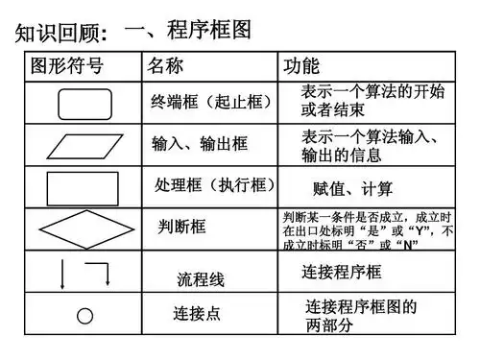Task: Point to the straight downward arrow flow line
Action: [63, 274]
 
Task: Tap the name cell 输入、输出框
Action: [200, 144]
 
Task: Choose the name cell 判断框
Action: [182, 228]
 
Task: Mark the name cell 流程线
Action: [201, 280]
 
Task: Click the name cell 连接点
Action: [197, 314]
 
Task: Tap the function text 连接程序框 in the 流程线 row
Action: [342, 273]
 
